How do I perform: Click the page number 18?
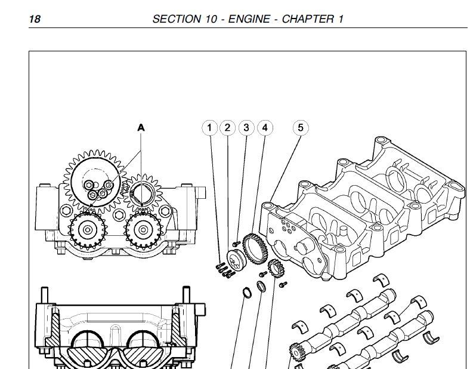[35, 19]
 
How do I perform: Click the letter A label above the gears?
[141, 127]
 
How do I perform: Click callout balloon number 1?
[209, 127]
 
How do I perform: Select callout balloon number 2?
[227, 127]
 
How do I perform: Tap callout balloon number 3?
[246, 127]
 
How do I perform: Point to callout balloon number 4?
[264, 127]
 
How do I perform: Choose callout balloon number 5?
[301, 127]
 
